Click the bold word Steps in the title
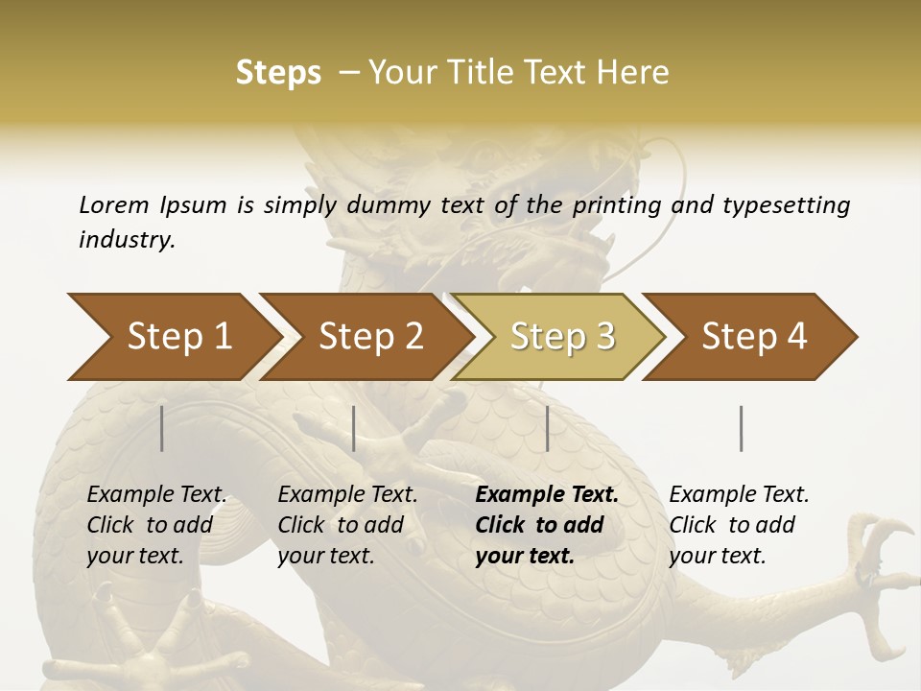point(278,72)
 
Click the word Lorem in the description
point(113,204)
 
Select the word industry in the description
point(127,240)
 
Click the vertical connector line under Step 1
point(162,428)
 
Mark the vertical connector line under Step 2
point(354,428)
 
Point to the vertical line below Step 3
point(547,428)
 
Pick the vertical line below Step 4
point(741,428)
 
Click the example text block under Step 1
point(156,525)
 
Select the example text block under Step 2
point(347,525)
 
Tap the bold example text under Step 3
point(547,525)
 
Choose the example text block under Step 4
point(739,525)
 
